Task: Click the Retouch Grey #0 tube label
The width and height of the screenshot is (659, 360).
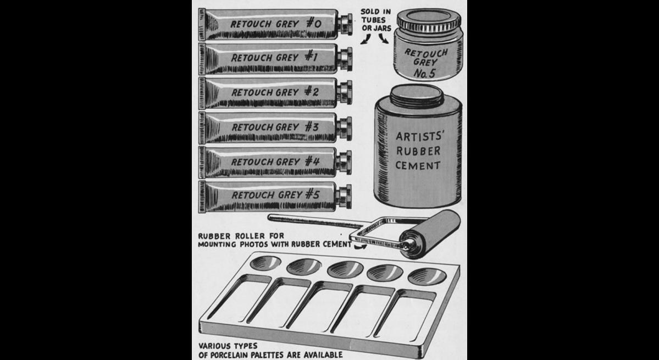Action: pyautogui.click(x=276, y=24)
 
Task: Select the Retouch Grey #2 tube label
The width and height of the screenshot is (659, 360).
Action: pyautogui.click(x=275, y=92)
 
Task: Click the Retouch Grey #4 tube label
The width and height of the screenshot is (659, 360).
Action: pyautogui.click(x=276, y=161)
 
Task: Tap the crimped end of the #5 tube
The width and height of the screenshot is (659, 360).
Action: pyautogui.click(x=202, y=197)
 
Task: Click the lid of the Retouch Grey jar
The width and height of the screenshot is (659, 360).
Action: pyautogui.click(x=429, y=20)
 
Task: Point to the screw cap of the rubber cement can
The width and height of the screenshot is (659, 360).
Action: pyautogui.click(x=417, y=96)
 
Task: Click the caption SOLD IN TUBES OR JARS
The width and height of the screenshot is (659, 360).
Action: pyautogui.click(x=376, y=20)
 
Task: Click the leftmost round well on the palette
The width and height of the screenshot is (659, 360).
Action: pyautogui.click(x=265, y=263)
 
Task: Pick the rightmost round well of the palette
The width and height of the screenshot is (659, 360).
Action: pyautogui.click(x=427, y=277)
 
